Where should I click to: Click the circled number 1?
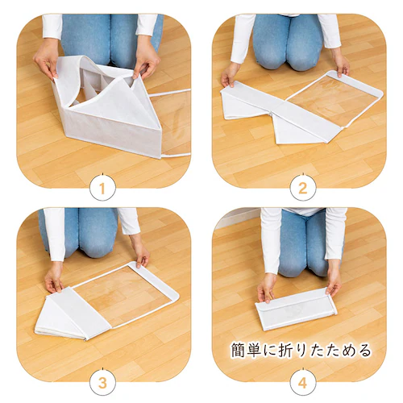click(102, 189)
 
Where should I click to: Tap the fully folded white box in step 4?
click(295, 308)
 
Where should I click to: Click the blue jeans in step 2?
click(289, 40)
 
